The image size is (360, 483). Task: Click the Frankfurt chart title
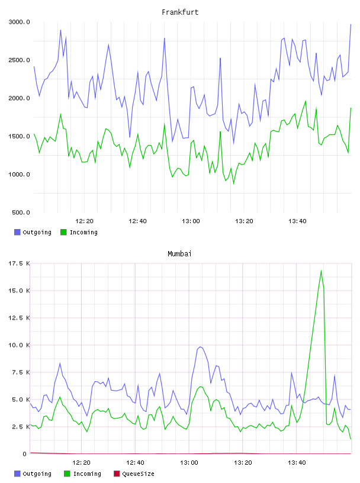coord(180,12)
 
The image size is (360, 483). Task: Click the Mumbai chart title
coord(179,254)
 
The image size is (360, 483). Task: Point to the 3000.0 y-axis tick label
coord(19,22)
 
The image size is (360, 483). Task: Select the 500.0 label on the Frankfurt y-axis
coord(21,212)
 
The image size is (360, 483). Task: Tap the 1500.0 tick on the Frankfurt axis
coord(19,136)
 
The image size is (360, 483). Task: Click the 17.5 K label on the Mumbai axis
coord(19,263)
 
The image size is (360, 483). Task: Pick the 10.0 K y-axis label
coord(19,345)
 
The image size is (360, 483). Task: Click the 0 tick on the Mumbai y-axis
coord(25,454)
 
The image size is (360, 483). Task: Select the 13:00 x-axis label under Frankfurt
coord(191,221)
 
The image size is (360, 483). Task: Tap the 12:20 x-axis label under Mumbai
coord(81,463)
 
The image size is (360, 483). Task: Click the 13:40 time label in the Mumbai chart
coord(297,463)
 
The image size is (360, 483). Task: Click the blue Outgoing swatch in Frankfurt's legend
coord(17,232)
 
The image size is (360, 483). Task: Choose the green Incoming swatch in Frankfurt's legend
coord(63,232)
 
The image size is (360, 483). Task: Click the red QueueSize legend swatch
coord(117,474)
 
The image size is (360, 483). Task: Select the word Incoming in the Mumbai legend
coord(87,474)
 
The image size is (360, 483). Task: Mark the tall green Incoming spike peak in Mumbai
coord(321,271)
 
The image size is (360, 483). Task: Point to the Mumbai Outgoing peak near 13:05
coord(200,347)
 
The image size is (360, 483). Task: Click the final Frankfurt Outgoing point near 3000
coord(351,24)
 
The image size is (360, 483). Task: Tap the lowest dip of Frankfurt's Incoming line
coord(234,183)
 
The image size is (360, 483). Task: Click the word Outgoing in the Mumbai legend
coord(37,474)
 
